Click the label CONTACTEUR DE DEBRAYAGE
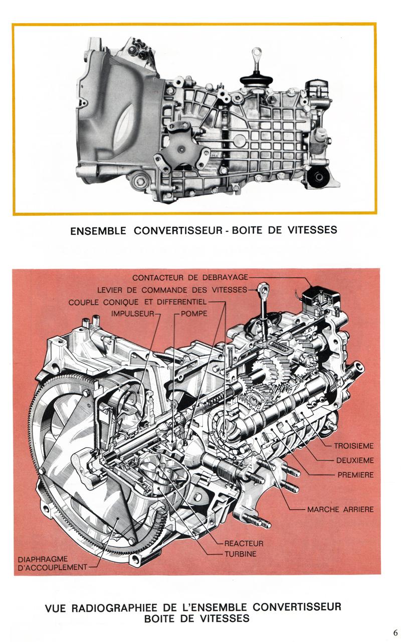click(190, 278)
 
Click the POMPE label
click(193, 315)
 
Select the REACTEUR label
click(244, 543)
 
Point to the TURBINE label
click(240, 554)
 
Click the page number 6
click(395, 631)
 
